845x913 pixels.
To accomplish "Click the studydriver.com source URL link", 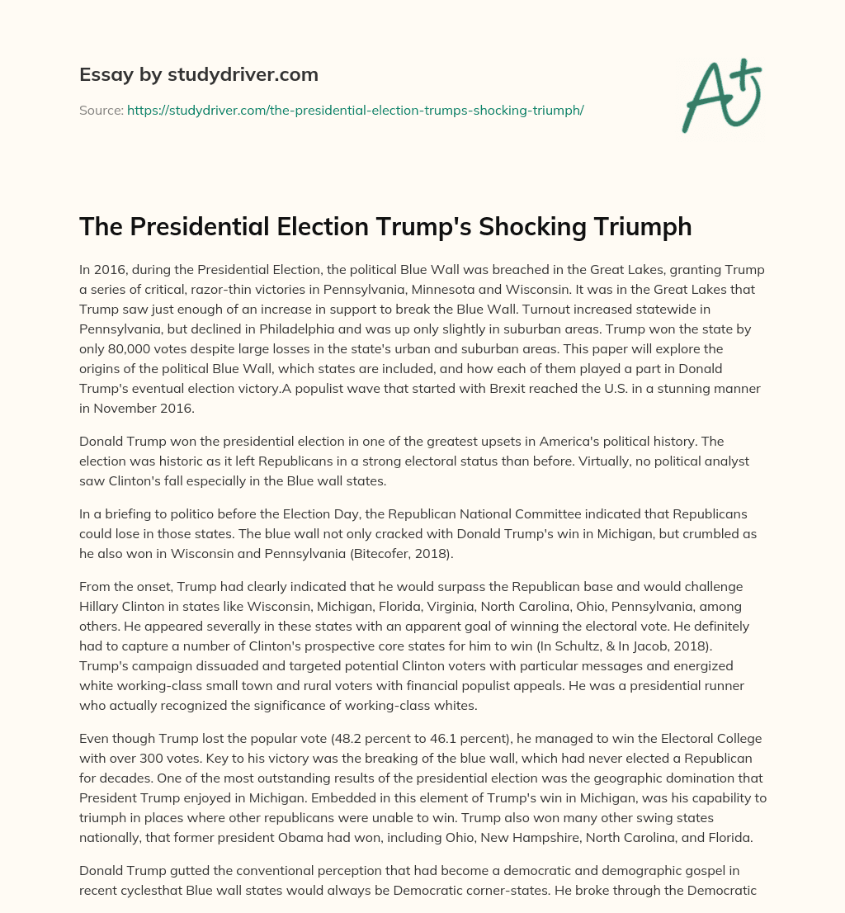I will (x=355, y=110).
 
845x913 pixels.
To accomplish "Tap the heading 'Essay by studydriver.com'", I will (x=199, y=74).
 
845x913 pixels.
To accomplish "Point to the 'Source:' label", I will (x=101, y=110).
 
